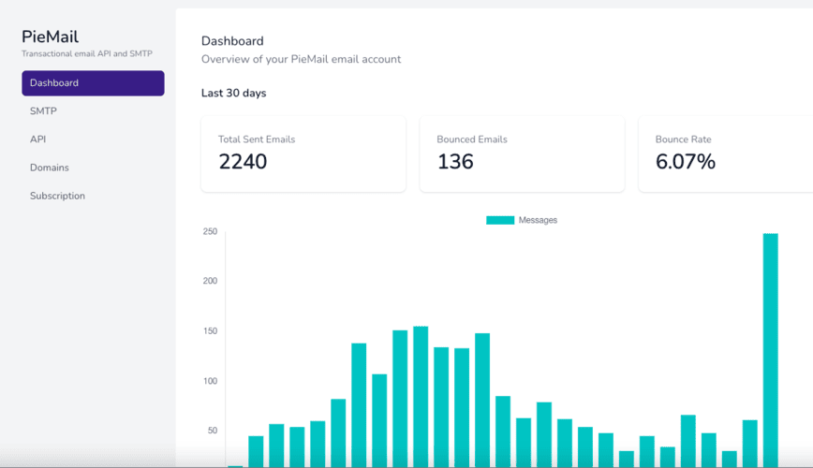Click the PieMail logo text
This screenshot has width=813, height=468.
pyautogui.click(x=50, y=37)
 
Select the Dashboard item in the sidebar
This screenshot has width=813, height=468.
pyautogui.click(x=93, y=83)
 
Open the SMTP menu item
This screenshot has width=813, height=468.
pyautogui.click(x=43, y=111)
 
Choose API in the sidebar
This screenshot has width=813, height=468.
pyautogui.click(x=37, y=139)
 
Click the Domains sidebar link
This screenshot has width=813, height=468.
pyautogui.click(x=49, y=168)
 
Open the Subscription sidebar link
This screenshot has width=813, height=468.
pyautogui.click(x=57, y=196)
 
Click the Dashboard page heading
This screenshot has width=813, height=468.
pyautogui.click(x=232, y=41)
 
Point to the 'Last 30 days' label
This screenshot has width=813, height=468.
pyautogui.click(x=233, y=94)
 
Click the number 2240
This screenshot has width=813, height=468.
pyautogui.click(x=243, y=162)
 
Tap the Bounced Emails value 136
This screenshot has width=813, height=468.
pyautogui.click(x=455, y=162)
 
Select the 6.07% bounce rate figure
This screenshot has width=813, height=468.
pyautogui.click(x=685, y=162)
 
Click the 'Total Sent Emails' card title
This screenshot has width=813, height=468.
pyautogui.click(x=257, y=139)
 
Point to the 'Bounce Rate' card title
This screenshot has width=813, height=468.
pyautogui.click(x=683, y=139)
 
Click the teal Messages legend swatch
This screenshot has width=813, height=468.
pyautogui.click(x=499, y=220)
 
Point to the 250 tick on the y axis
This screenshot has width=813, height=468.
pyautogui.click(x=210, y=232)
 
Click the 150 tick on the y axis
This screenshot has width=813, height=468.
pyautogui.click(x=210, y=331)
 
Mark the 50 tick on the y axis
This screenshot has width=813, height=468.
pyautogui.click(x=212, y=431)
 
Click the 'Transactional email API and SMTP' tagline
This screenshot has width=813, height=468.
pyautogui.click(x=86, y=54)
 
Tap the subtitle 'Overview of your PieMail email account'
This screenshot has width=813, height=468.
pyautogui.click(x=301, y=59)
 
